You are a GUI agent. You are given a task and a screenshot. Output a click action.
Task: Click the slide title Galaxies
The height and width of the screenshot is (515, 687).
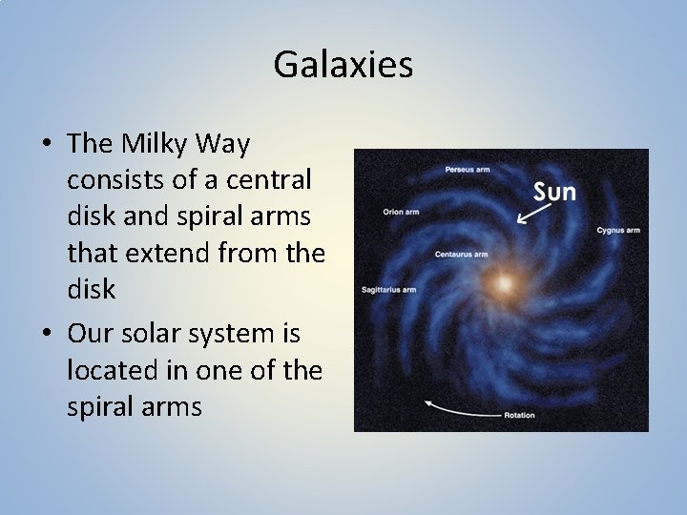point(343,65)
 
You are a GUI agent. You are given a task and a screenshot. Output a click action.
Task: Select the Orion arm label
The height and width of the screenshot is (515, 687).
point(401,211)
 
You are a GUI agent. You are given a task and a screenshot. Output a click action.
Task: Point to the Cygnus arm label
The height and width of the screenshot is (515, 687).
point(617,230)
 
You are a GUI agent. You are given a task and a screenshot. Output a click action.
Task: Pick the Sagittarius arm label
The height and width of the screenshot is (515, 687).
point(388,289)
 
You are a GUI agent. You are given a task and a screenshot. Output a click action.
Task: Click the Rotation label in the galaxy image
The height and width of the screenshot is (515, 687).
point(519,416)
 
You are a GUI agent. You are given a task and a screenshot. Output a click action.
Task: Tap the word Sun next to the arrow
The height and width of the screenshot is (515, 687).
point(554,192)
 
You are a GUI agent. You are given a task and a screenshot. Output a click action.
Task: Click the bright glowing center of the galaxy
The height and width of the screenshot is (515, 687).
point(503,283)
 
